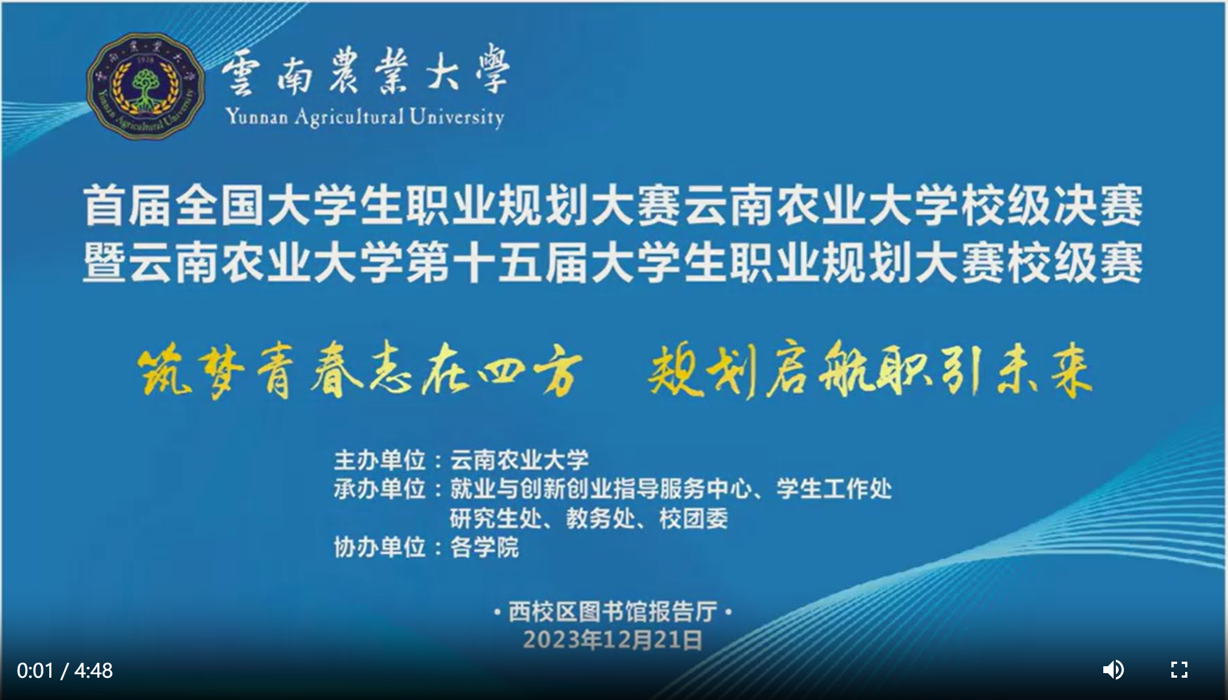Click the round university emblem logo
click(x=145, y=86)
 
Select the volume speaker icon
click(x=1113, y=670)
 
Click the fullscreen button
click(x=1179, y=670)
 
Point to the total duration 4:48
click(x=94, y=670)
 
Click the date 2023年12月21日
click(x=613, y=640)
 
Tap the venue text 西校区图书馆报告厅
click(x=613, y=612)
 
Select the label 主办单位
click(x=380, y=460)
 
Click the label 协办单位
click(x=380, y=548)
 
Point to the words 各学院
click(x=484, y=548)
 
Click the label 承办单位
click(x=380, y=489)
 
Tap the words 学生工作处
click(x=834, y=489)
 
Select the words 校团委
click(x=693, y=519)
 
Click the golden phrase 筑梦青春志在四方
click(x=359, y=370)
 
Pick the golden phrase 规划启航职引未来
click(x=870, y=370)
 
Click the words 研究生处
click(x=496, y=519)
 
